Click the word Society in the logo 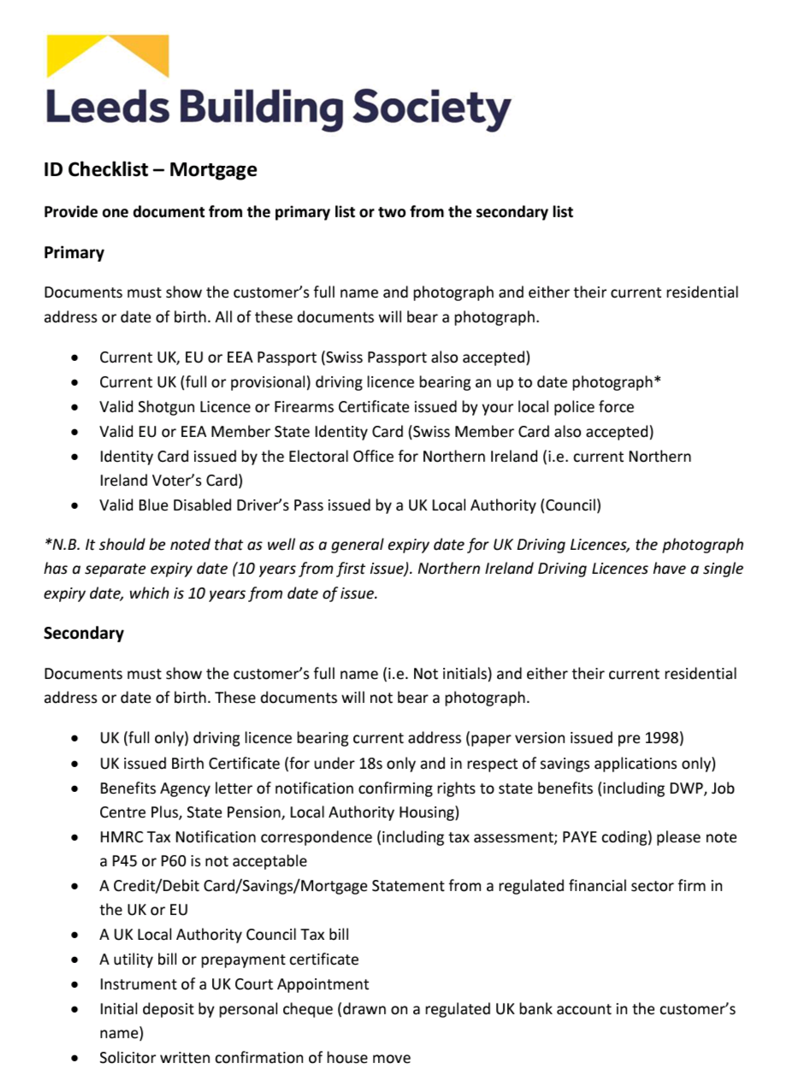[x=433, y=109]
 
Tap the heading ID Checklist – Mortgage [x=151, y=169]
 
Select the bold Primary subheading [x=74, y=252]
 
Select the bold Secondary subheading [x=84, y=633]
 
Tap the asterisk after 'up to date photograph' [x=658, y=381]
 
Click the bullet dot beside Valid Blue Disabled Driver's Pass [x=78, y=505]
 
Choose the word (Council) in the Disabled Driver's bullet [x=570, y=505]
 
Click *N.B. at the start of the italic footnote [x=62, y=545]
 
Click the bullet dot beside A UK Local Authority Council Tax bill [x=78, y=935]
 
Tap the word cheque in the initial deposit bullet [x=310, y=1009]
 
